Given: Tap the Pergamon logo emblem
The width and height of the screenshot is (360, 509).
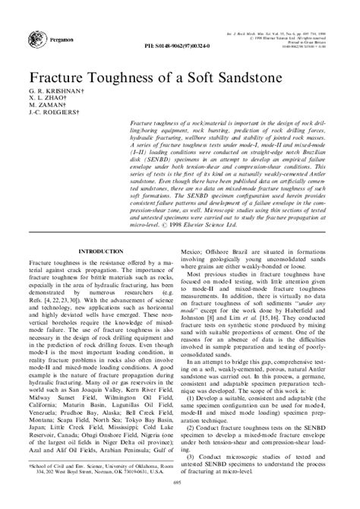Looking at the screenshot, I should click(36, 35).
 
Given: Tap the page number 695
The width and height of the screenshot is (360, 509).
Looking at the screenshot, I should click(181, 501).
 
